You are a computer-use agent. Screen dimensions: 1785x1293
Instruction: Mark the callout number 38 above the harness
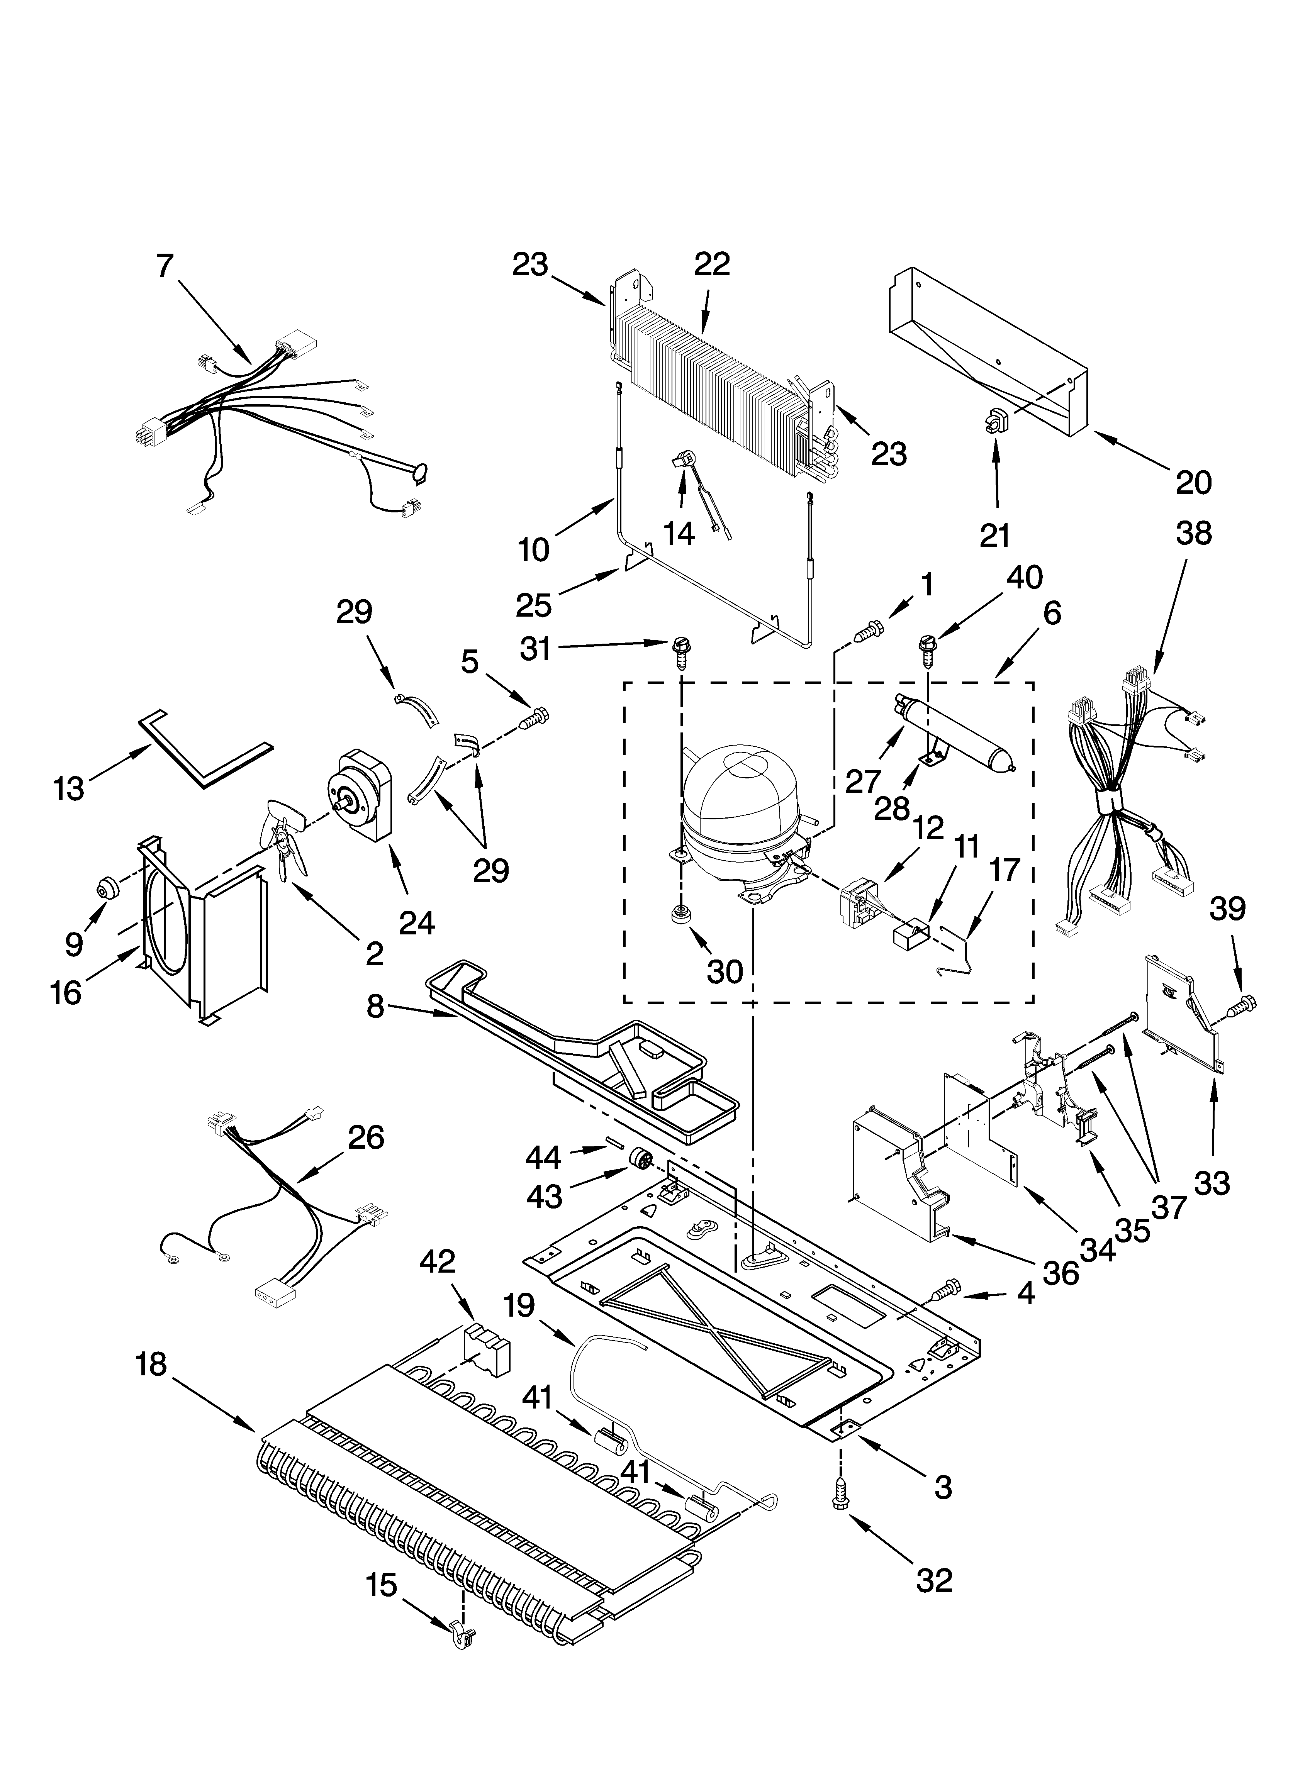point(1193,534)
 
